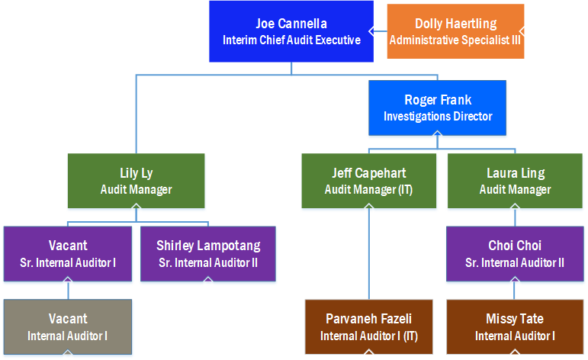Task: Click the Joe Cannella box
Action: (291, 31)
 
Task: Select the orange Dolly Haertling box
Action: (455, 31)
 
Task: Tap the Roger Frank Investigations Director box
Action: (437, 108)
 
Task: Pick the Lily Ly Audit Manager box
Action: (136, 181)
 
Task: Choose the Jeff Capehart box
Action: (368, 181)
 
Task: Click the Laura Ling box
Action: (515, 181)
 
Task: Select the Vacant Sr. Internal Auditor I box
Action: (68, 253)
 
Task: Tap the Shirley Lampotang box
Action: (207, 253)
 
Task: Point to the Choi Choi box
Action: (515, 253)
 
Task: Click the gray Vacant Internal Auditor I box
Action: (68, 326)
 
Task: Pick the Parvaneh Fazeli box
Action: (368, 326)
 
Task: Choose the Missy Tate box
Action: (515, 326)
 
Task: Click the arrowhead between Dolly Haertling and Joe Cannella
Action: (371, 31)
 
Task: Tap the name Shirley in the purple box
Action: (179, 246)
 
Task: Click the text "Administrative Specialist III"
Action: (455, 40)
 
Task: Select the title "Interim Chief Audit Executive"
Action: (291, 40)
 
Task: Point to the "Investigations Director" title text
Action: (437, 117)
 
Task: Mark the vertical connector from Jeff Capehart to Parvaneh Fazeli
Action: (368, 252)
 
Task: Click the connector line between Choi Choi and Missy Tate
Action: (515, 290)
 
